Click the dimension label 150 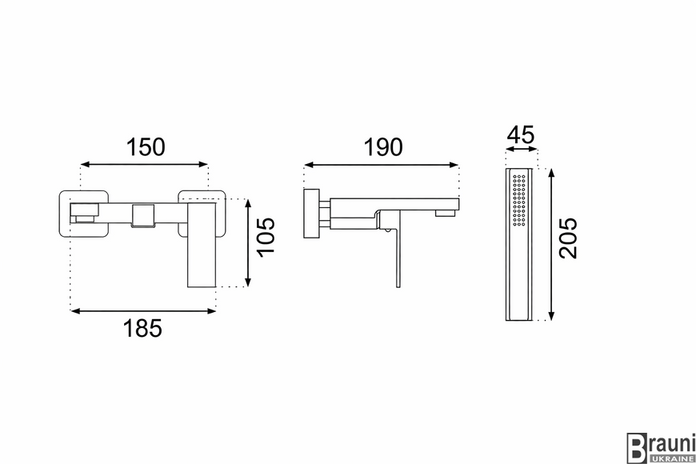pyautogui.click(x=146, y=147)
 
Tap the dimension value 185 pyautogui.click(x=142, y=329)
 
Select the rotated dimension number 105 pyautogui.click(x=266, y=237)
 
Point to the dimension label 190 pyautogui.click(x=383, y=147)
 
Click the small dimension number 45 pyautogui.click(x=521, y=135)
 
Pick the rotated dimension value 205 pyautogui.click(x=568, y=238)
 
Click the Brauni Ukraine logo pyautogui.click(x=661, y=447)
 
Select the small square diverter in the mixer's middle pyautogui.click(x=142, y=216)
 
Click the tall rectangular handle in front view pyautogui.click(x=202, y=246)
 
